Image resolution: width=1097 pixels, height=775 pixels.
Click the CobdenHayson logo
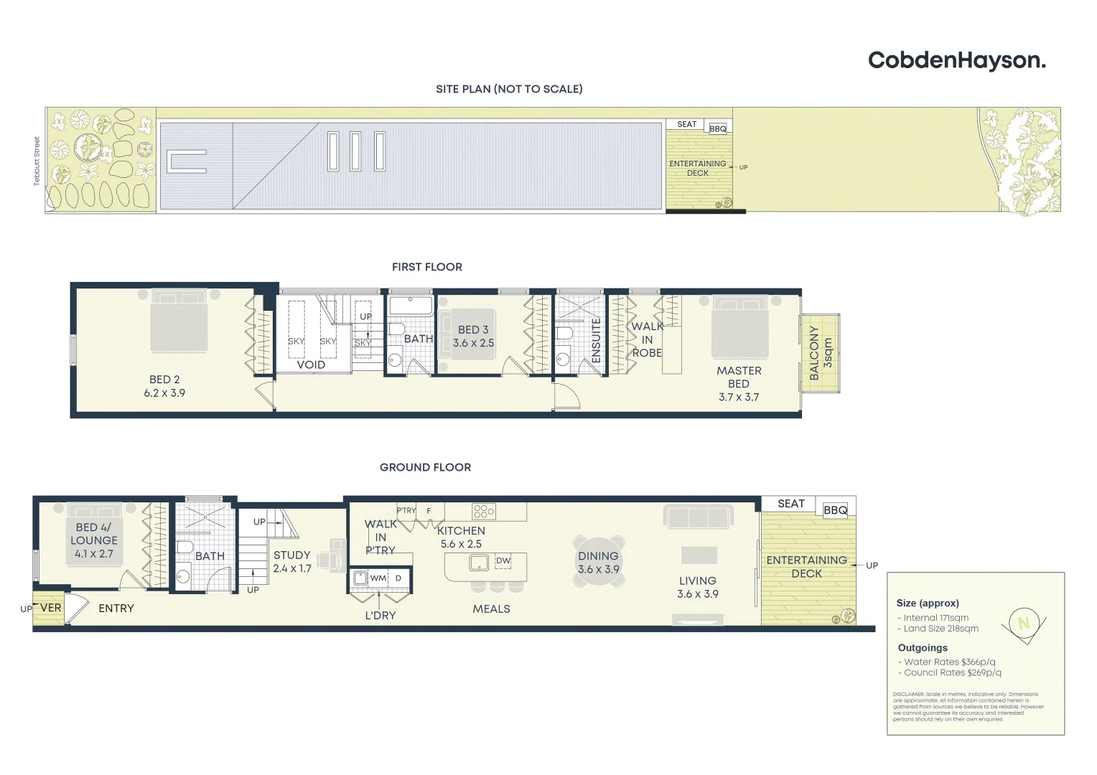pyautogui.click(x=956, y=60)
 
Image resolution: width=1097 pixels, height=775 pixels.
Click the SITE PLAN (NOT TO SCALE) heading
pyautogui.click(x=509, y=89)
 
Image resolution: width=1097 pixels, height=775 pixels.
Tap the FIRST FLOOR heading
pyautogui.click(x=426, y=267)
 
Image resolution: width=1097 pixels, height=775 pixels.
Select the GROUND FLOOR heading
pyautogui.click(x=425, y=467)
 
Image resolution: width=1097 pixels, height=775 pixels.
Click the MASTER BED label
pyautogui.click(x=739, y=377)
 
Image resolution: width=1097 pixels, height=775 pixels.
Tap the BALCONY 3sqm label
pyautogui.click(x=820, y=353)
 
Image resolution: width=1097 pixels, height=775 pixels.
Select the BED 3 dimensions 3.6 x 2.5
pyautogui.click(x=473, y=343)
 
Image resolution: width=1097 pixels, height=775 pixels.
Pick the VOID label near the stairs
pyautogui.click(x=311, y=365)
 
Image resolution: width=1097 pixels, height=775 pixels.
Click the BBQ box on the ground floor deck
pyautogui.click(x=835, y=510)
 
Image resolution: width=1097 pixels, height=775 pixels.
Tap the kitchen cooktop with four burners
pyautogui.click(x=483, y=511)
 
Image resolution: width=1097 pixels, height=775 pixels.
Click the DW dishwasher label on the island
pyautogui.click(x=503, y=560)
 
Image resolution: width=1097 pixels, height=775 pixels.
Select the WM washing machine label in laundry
pyautogui.click(x=378, y=578)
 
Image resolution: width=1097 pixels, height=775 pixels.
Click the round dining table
pyautogui.click(x=598, y=562)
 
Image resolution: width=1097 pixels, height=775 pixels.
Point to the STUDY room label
pyautogui.click(x=291, y=555)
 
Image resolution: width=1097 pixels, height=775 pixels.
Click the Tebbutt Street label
pyautogui.click(x=37, y=161)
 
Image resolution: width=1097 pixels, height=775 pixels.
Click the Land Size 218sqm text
pyautogui.click(x=940, y=629)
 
